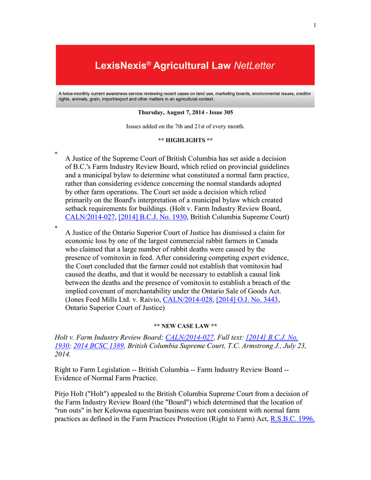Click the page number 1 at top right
[x=315, y=25]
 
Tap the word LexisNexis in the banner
[x=120, y=66]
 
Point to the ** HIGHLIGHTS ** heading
[x=185, y=140]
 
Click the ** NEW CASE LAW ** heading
[x=185, y=325]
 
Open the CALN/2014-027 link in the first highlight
[x=90, y=217]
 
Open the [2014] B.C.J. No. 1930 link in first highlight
[x=154, y=217]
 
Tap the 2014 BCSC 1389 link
[x=98, y=346]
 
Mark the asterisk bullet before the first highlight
[x=56, y=154]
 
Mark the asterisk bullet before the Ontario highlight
[x=56, y=227]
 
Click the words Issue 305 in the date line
[x=220, y=112]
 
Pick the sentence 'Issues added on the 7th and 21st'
[x=185, y=127]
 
